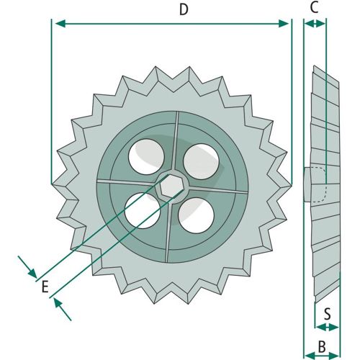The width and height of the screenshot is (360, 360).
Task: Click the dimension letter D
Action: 184,10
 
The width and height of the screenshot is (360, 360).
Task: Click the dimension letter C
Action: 314,7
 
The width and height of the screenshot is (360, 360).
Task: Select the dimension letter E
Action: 45,287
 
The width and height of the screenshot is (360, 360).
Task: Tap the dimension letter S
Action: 328,314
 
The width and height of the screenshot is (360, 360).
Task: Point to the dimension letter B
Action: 322,347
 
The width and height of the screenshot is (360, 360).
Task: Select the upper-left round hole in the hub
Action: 146,157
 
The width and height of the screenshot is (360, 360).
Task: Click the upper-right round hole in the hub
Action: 201,161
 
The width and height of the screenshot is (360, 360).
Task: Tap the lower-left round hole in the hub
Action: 143,211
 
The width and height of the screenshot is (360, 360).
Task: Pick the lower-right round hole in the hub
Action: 196,215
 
